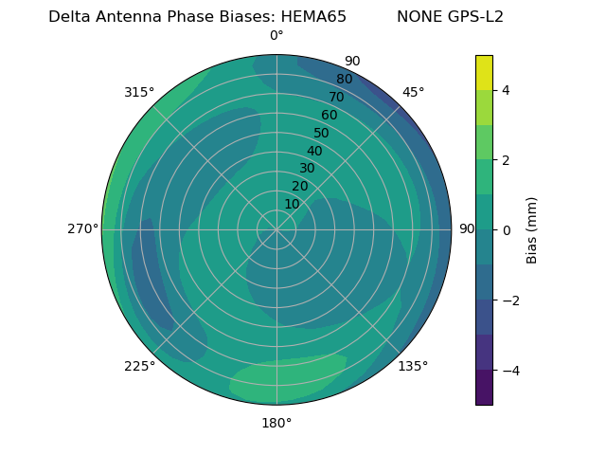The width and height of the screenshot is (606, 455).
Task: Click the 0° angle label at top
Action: click(276, 36)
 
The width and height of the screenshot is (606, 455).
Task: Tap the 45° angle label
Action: click(413, 92)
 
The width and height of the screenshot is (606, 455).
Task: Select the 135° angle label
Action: click(413, 366)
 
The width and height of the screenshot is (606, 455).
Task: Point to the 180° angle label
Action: click(276, 423)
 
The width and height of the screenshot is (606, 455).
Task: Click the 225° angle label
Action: click(139, 367)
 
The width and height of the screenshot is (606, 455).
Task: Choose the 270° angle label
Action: click(82, 229)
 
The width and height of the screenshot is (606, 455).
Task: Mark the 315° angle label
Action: click(139, 92)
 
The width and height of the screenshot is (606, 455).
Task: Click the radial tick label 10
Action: click(292, 204)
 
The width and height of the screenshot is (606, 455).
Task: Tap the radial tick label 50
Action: click(322, 134)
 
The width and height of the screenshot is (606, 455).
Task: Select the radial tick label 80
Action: click(344, 80)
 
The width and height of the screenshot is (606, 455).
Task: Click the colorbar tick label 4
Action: click(507, 90)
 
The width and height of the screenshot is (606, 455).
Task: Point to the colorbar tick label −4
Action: click(509, 370)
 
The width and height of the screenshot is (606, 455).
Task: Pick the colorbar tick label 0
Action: click(507, 229)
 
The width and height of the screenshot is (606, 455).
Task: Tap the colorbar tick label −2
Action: click(509, 300)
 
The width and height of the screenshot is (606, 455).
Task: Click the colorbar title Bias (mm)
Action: click(532, 229)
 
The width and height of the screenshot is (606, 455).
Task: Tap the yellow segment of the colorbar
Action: click(484, 72)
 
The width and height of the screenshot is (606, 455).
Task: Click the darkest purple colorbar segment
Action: click(484, 387)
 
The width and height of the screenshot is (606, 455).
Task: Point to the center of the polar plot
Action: click(276, 229)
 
